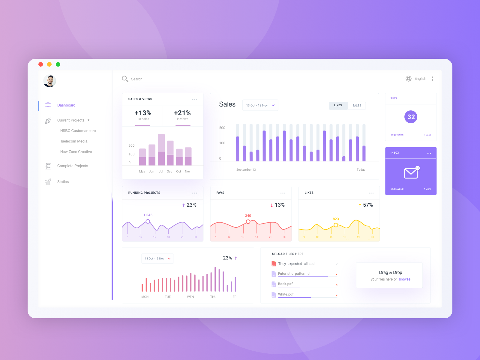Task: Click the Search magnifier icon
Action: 125,79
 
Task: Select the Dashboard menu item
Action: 66,105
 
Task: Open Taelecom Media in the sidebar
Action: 74,141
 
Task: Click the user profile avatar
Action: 50,81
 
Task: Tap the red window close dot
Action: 41,64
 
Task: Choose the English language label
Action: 420,79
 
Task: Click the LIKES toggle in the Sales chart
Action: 338,105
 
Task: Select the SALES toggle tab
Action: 356,106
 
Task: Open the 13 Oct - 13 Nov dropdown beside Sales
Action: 260,105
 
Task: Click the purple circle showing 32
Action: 411,117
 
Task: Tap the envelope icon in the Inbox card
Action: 411,173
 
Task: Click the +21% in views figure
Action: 182,113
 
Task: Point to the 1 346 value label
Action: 148,215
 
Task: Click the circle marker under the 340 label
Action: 248,222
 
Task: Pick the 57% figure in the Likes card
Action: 368,205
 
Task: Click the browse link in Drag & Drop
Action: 404,279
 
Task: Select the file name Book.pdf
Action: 285,284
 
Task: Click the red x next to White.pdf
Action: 337,295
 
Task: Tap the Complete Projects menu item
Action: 73,166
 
